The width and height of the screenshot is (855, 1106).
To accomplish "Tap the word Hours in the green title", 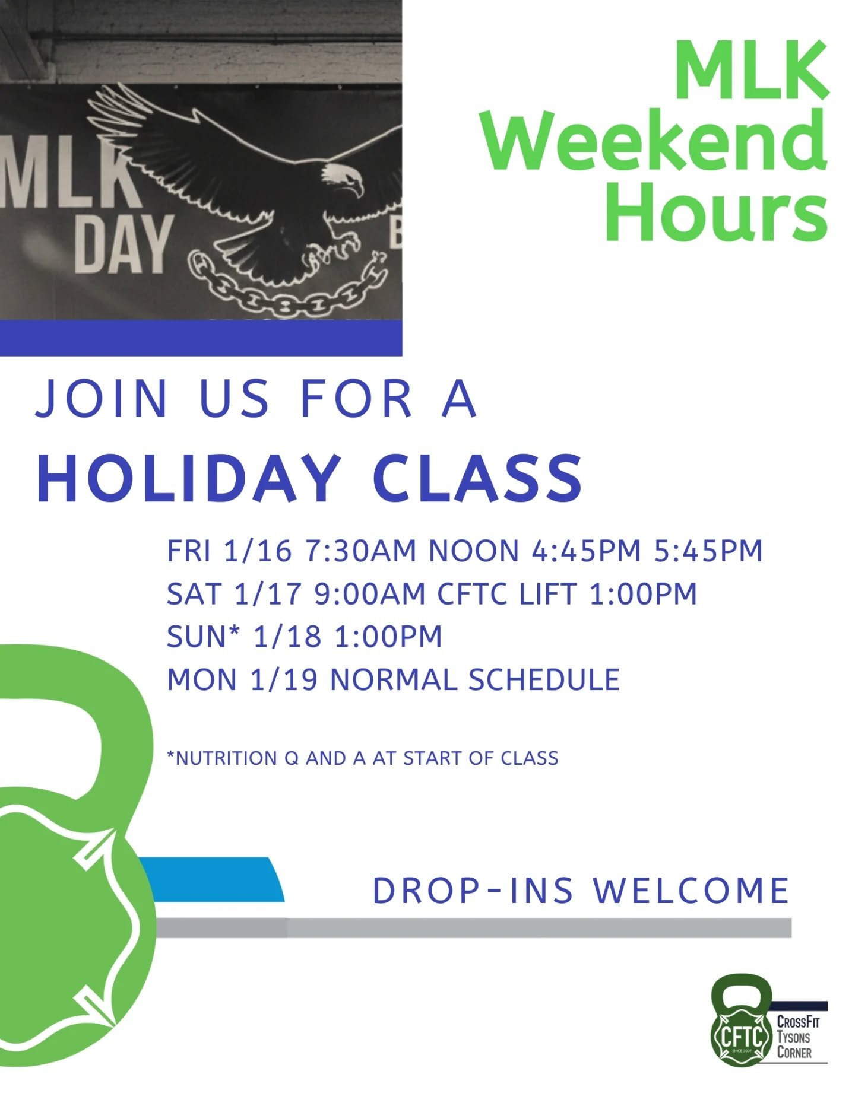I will click(716, 211).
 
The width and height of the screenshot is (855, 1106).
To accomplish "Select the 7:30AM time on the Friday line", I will click(361, 551).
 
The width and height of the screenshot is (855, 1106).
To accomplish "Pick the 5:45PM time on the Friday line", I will click(708, 551).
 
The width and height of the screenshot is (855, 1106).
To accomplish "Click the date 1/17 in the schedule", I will click(268, 594).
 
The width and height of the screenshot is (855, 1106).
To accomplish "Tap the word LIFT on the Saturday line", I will click(547, 594).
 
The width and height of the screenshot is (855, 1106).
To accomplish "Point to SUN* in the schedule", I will click(203, 637).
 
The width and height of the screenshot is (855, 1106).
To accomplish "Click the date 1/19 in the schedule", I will click(284, 679).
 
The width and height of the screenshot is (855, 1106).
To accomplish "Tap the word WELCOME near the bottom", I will click(692, 891).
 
